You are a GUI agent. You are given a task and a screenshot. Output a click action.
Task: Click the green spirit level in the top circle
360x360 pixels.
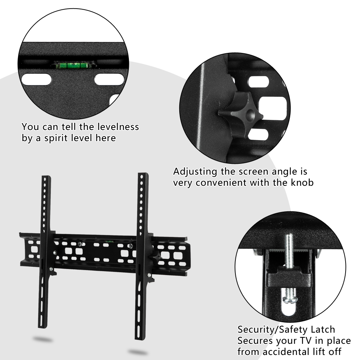(71, 66)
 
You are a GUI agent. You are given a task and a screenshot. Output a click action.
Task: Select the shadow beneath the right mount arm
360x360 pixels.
(138, 352)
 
